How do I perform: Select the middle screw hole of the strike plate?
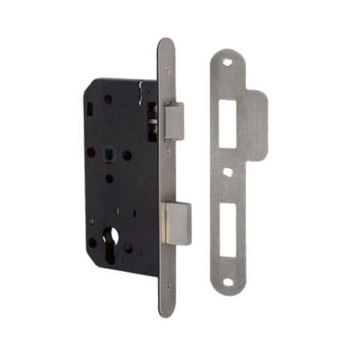(x=226, y=172)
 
